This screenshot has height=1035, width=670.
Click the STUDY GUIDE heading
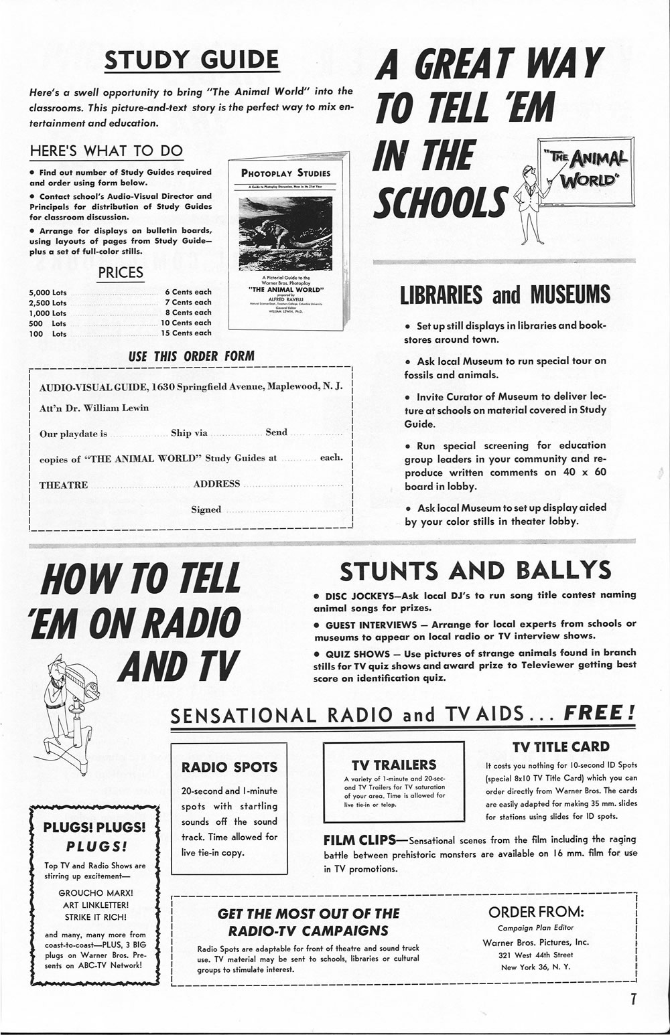192,60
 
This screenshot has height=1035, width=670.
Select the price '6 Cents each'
188,292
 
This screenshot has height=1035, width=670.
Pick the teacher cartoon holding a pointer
533,204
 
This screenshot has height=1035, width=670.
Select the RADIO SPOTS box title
229,767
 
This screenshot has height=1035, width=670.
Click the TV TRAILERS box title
394,765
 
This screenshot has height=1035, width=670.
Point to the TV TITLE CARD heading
561,746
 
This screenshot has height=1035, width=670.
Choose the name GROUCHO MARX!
96,893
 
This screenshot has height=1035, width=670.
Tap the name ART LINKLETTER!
96,905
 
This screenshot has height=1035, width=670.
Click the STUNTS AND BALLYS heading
475,571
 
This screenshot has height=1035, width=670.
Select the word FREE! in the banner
599,713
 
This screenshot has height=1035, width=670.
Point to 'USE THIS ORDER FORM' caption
191,356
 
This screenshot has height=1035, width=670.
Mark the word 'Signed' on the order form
206,509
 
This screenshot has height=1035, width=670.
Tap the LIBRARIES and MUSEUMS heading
505,295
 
